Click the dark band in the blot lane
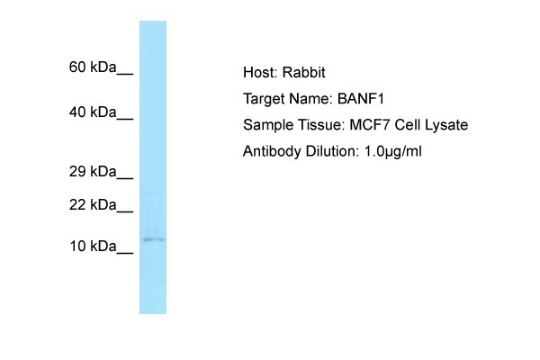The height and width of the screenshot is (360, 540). [x=153, y=239]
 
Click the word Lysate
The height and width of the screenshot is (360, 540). [x=444, y=124]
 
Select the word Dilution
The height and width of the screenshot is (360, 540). [x=329, y=150]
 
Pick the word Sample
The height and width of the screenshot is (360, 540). [x=266, y=124]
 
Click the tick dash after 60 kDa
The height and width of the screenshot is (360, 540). [x=126, y=71]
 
